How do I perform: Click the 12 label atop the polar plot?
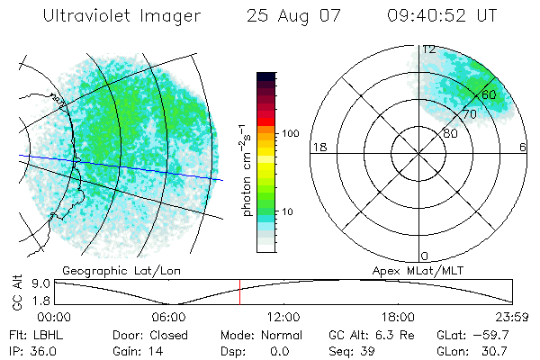point(429,49)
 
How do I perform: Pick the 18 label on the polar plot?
point(318,147)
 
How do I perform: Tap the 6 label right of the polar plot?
point(523,147)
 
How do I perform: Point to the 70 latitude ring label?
point(469,114)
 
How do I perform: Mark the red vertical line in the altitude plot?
point(240,292)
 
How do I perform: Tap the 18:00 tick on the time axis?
point(398,317)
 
